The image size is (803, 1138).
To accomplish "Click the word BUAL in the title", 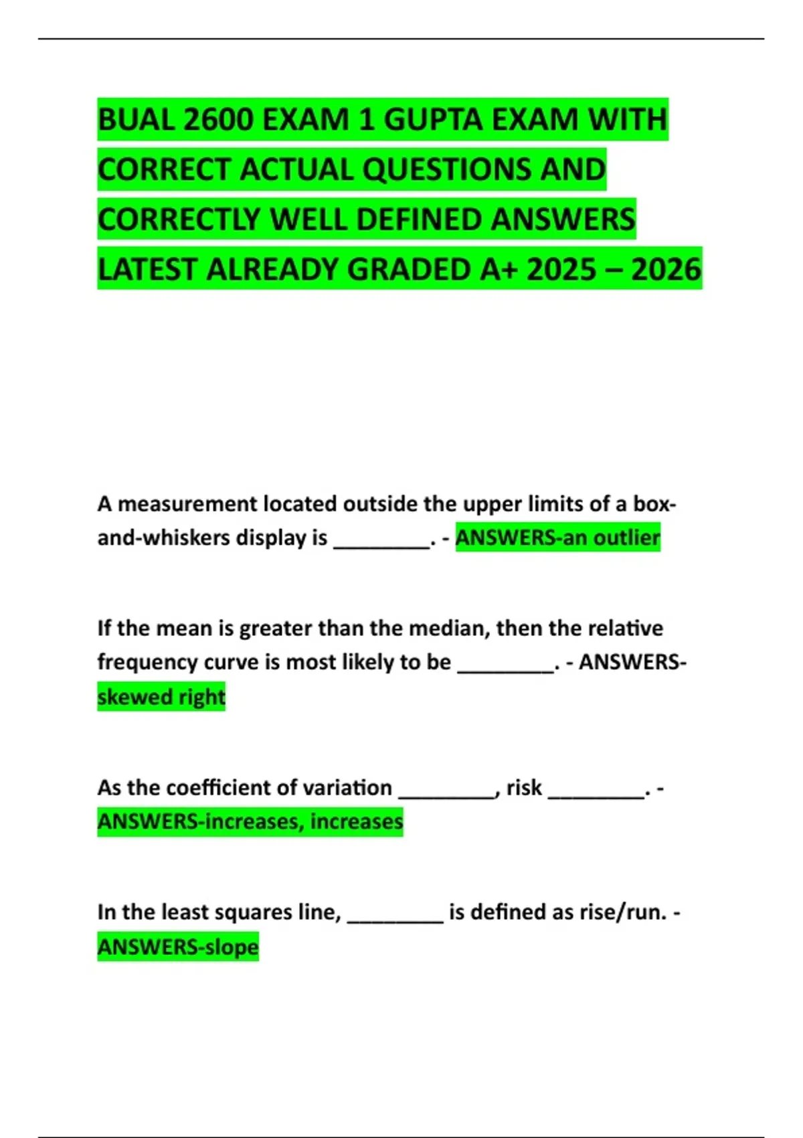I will [136, 120].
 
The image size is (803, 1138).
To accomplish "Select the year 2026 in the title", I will [666, 269].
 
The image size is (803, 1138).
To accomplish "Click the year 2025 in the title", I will [561, 269].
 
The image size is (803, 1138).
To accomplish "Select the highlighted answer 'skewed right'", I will [161, 697].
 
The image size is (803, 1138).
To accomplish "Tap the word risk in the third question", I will [524, 787].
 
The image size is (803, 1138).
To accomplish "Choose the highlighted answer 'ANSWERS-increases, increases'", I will [250, 821].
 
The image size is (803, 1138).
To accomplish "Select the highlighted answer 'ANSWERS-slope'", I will [178, 947].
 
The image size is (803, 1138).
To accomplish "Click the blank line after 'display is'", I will [381, 539].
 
